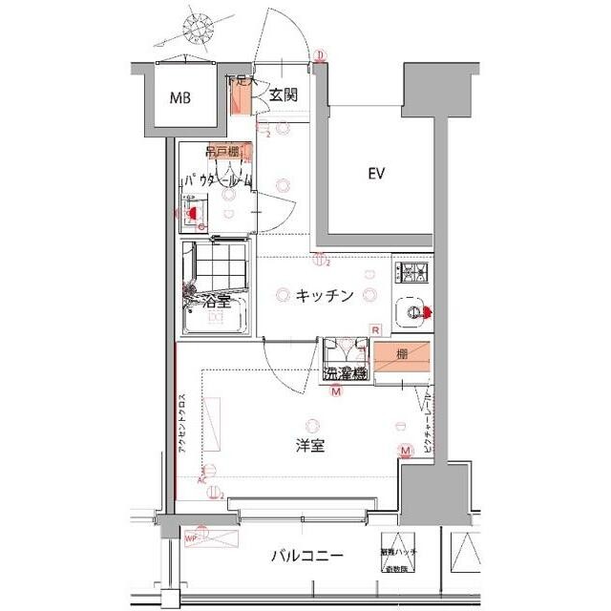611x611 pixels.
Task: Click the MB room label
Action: [179, 98]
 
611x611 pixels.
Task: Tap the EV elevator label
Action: [376, 174]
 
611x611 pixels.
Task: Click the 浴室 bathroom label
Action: [217, 302]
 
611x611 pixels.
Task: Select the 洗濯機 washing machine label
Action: [345, 373]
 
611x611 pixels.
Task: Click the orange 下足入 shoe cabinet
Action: [240, 95]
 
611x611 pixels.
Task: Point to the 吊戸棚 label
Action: [222, 151]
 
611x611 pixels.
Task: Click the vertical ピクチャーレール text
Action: [429, 420]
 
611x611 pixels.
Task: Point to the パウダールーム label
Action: [218, 179]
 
